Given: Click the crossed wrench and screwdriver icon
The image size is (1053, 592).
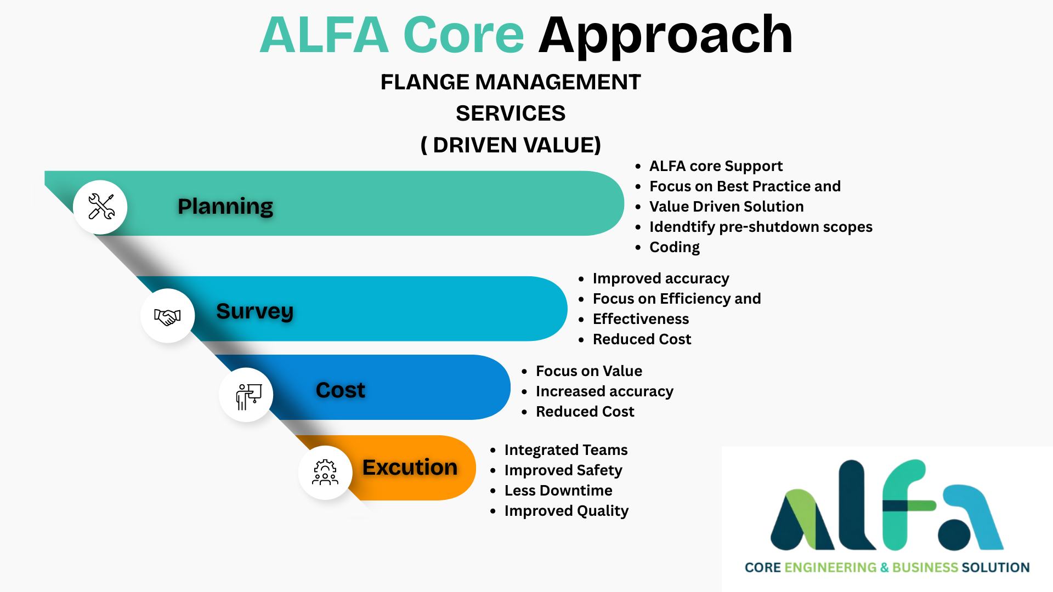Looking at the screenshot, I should click(x=101, y=207).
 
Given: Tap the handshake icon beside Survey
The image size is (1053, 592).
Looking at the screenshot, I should click(x=167, y=316).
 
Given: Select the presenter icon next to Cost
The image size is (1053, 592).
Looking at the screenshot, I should click(x=247, y=396).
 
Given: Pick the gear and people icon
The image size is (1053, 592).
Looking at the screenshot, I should click(x=325, y=473).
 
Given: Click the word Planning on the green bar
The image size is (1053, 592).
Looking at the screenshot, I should click(x=225, y=207).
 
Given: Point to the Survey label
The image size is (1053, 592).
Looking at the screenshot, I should click(x=254, y=311).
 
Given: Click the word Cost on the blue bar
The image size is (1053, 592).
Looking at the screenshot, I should click(x=341, y=390).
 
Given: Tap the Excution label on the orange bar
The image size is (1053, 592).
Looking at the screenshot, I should click(x=410, y=468).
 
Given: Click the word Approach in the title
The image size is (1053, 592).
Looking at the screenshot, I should click(x=665, y=36).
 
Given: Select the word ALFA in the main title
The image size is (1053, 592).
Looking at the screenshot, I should click(x=324, y=36).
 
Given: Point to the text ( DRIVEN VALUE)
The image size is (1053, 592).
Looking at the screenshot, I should click(x=511, y=145).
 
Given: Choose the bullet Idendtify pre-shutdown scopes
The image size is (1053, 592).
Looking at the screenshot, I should click(x=760, y=227).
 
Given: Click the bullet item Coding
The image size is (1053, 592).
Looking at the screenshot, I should click(x=674, y=247).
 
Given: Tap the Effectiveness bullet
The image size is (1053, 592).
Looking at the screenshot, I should click(x=641, y=319).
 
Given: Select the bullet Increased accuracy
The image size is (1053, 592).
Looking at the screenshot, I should click(x=604, y=391).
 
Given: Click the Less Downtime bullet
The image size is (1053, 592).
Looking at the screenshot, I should click(x=558, y=491).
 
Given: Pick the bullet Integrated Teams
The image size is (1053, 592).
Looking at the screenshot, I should click(x=565, y=450).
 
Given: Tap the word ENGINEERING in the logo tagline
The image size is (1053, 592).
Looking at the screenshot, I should click(x=830, y=568).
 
